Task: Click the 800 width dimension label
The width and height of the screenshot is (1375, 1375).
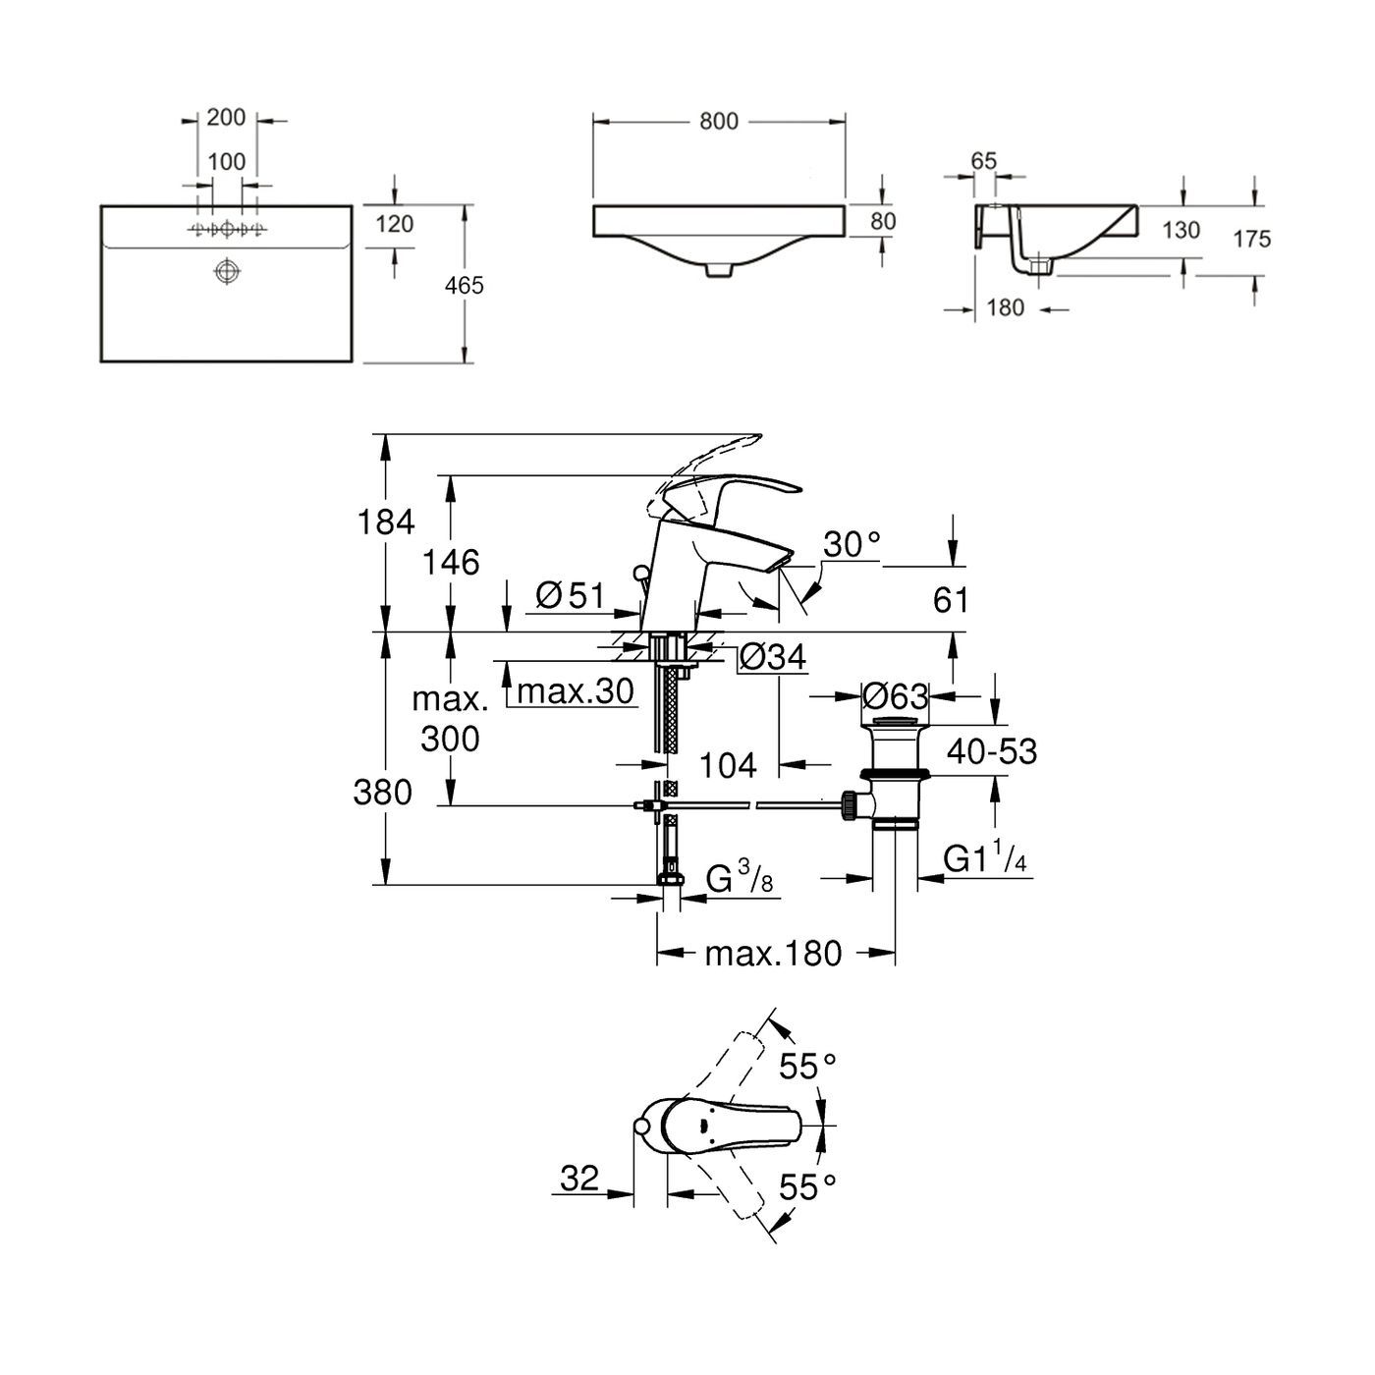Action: [718, 121]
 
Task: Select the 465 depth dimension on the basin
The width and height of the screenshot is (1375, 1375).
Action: [465, 286]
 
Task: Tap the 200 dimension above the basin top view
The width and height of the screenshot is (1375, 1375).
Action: [226, 118]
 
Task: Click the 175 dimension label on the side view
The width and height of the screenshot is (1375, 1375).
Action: [1252, 239]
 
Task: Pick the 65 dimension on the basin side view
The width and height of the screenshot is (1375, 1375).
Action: [983, 161]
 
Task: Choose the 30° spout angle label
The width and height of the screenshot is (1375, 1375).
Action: [851, 545]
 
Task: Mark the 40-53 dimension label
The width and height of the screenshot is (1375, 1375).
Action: [992, 751]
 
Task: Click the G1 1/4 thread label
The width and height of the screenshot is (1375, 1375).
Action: [985, 860]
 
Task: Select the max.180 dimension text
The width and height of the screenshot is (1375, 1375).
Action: [773, 953]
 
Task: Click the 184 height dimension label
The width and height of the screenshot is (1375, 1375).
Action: [387, 522]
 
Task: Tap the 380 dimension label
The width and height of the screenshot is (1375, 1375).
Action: [383, 792]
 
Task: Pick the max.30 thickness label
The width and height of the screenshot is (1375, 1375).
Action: [576, 691]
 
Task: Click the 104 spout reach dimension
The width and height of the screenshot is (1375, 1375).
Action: [729, 764]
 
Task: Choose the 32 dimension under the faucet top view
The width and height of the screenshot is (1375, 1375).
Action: [579, 1178]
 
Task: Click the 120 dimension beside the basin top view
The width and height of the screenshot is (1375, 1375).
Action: [394, 224]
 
